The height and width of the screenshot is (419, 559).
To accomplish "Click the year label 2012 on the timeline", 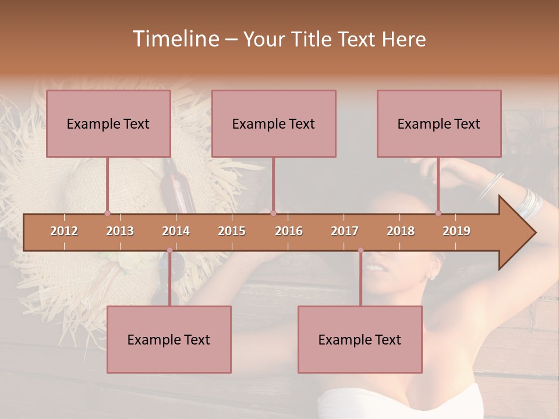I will coord(64,231).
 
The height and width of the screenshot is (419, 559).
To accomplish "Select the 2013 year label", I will coord(120,231).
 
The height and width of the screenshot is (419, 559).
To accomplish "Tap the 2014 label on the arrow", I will coord(176,231).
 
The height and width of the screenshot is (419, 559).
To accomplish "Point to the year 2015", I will coord(232,231).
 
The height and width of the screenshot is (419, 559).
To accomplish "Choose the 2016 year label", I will coord(289,231).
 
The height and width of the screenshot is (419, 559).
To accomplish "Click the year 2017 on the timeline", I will coord(345,231).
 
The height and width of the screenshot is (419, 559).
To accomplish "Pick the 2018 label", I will coord(401,231).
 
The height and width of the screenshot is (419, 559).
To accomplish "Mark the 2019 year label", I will coord(457,231).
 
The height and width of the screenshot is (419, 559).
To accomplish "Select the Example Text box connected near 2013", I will coord(108,123).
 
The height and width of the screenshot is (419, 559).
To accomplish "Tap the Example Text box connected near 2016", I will coord(274,123).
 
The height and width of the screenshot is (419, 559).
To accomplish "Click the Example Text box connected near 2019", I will coord(439,123).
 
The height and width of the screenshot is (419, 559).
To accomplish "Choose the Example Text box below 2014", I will coord(169,339).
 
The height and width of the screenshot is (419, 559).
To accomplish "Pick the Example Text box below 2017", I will coord(360,339).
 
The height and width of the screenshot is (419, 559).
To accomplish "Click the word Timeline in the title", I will coord(175,39).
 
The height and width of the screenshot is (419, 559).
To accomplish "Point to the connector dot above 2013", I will coord(107,213).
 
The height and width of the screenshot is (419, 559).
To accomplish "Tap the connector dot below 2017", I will coord(360,250).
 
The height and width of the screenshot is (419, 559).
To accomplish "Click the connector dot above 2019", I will coord(438,213).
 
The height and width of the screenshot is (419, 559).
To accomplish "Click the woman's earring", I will coord(432,276).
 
